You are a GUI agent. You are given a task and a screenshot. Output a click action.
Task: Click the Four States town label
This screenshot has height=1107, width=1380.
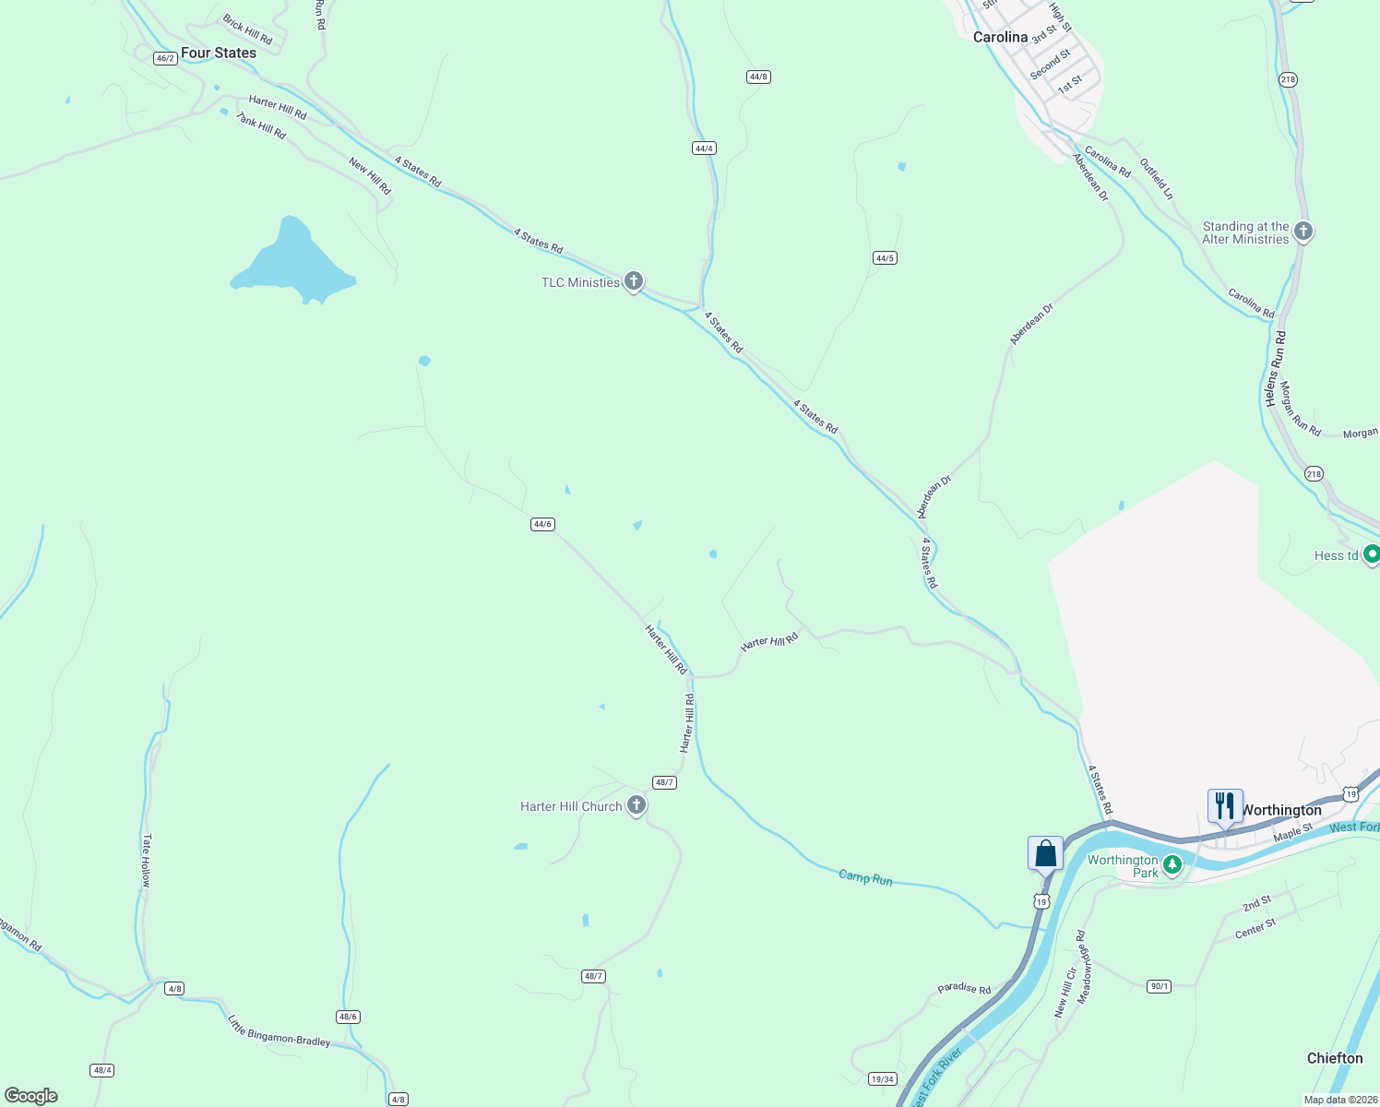tap(218, 53)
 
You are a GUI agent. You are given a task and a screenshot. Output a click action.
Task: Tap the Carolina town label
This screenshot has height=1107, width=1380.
tap(1000, 37)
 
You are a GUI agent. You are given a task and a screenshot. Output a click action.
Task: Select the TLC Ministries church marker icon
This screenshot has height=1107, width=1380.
tap(634, 280)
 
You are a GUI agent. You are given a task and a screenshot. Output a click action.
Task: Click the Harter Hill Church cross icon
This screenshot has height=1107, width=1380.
tap(636, 805)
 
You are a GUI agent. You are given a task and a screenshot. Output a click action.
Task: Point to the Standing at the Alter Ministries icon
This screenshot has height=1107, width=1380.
tap(1303, 231)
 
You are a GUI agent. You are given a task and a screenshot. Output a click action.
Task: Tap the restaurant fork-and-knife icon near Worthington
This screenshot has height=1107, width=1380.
tap(1224, 805)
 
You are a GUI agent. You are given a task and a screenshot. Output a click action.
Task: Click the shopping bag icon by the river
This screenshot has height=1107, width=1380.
tap(1045, 852)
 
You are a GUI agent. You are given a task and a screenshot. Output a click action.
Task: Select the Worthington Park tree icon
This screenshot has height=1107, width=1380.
tap(1172, 864)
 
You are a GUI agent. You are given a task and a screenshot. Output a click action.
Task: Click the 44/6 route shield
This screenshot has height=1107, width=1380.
tap(542, 524)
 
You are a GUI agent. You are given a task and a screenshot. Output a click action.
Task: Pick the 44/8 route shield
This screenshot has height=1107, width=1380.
tap(758, 77)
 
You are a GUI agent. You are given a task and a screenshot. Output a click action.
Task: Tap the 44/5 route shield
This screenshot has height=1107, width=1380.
tap(885, 258)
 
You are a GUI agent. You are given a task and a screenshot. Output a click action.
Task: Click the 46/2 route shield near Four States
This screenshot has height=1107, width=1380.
tap(165, 58)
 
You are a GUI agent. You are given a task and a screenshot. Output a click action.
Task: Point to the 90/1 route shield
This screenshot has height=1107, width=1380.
tap(1160, 986)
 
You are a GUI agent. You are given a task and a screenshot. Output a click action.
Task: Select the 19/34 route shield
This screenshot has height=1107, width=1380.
tap(883, 1078)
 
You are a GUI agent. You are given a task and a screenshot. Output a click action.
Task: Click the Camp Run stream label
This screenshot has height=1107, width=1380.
tap(865, 877)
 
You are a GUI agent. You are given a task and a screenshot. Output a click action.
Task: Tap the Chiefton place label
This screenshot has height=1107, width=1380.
tap(1334, 1058)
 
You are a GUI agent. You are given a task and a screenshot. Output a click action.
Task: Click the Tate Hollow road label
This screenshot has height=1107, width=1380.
tap(146, 860)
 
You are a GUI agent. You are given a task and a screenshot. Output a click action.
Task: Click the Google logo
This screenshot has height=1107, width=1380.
tap(31, 1096)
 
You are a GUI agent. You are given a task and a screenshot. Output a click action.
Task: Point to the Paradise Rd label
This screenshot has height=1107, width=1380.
tap(964, 988)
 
